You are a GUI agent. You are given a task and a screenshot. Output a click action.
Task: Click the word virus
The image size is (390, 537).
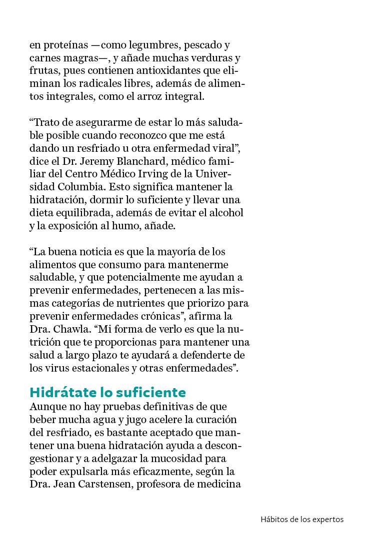click(54, 369)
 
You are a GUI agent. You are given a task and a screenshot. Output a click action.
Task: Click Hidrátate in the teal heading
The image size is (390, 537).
click(61, 392)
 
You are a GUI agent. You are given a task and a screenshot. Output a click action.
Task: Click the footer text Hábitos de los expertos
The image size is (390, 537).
click(302, 519)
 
